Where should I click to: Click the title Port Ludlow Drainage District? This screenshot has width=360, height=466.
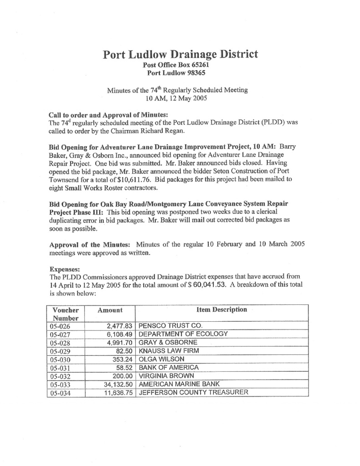click(x=180, y=55)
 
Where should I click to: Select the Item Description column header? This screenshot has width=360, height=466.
click(x=222, y=310)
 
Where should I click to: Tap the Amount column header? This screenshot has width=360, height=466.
click(x=110, y=310)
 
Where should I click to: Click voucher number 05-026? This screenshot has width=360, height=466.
click(x=59, y=326)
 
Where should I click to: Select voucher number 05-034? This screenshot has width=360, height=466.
click(x=59, y=393)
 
